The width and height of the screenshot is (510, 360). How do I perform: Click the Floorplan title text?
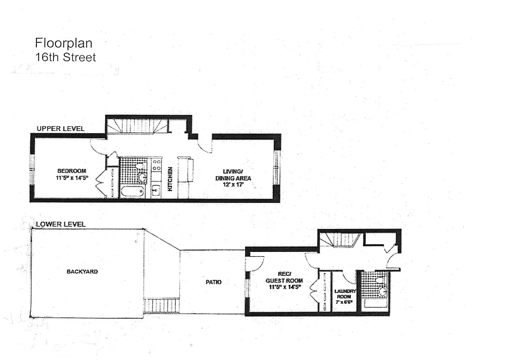(x=63, y=43)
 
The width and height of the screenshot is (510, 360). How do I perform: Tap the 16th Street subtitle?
(x=65, y=58)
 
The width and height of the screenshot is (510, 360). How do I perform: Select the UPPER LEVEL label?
(x=60, y=129)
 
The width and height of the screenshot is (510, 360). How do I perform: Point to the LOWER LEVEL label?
(x=60, y=224)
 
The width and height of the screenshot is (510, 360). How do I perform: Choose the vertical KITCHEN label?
(x=170, y=179)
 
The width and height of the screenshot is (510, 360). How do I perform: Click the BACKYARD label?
(x=82, y=272)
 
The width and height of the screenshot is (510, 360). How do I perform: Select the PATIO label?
(x=214, y=282)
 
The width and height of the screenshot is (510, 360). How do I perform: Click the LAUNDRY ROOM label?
(x=344, y=294)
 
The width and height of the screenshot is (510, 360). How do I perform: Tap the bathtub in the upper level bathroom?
(x=132, y=191)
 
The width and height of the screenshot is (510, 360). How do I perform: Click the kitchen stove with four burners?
(x=157, y=165)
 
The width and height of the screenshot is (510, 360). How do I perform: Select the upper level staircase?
(x=137, y=126)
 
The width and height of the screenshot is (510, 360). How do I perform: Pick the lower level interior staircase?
(x=342, y=240)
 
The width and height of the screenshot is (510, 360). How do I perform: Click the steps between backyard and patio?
(x=161, y=306)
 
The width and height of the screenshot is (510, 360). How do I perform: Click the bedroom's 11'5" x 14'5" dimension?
(x=72, y=178)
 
